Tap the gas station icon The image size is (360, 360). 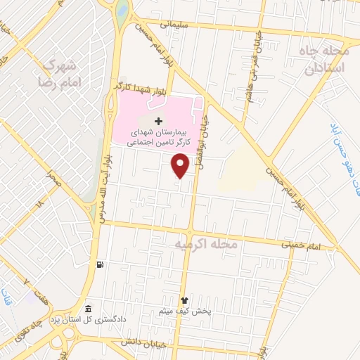(x=101, y=264)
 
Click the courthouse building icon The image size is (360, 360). (x=87, y=309)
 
